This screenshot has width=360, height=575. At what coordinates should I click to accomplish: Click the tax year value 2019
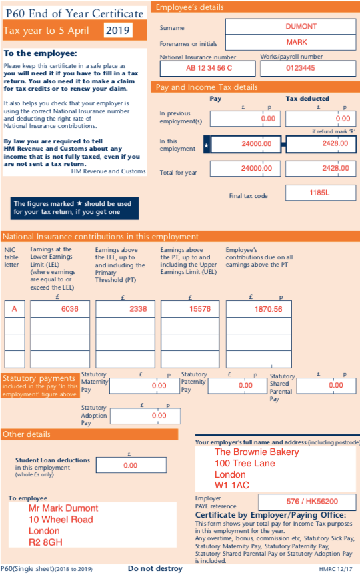pyautogui.click(x=118, y=30)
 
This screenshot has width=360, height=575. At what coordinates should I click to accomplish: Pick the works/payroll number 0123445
pyautogui.click(x=301, y=68)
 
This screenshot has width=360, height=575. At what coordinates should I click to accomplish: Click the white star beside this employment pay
pyautogui.click(x=207, y=144)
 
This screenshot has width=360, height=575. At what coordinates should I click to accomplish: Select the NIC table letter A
pyautogui.click(x=14, y=309)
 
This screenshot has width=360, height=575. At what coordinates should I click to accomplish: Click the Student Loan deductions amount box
pyautogui.click(x=131, y=465)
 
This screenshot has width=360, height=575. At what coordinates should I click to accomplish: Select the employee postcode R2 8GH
pyautogui.click(x=45, y=543)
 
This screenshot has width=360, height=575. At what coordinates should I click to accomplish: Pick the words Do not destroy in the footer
pyautogui.click(x=155, y=568)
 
